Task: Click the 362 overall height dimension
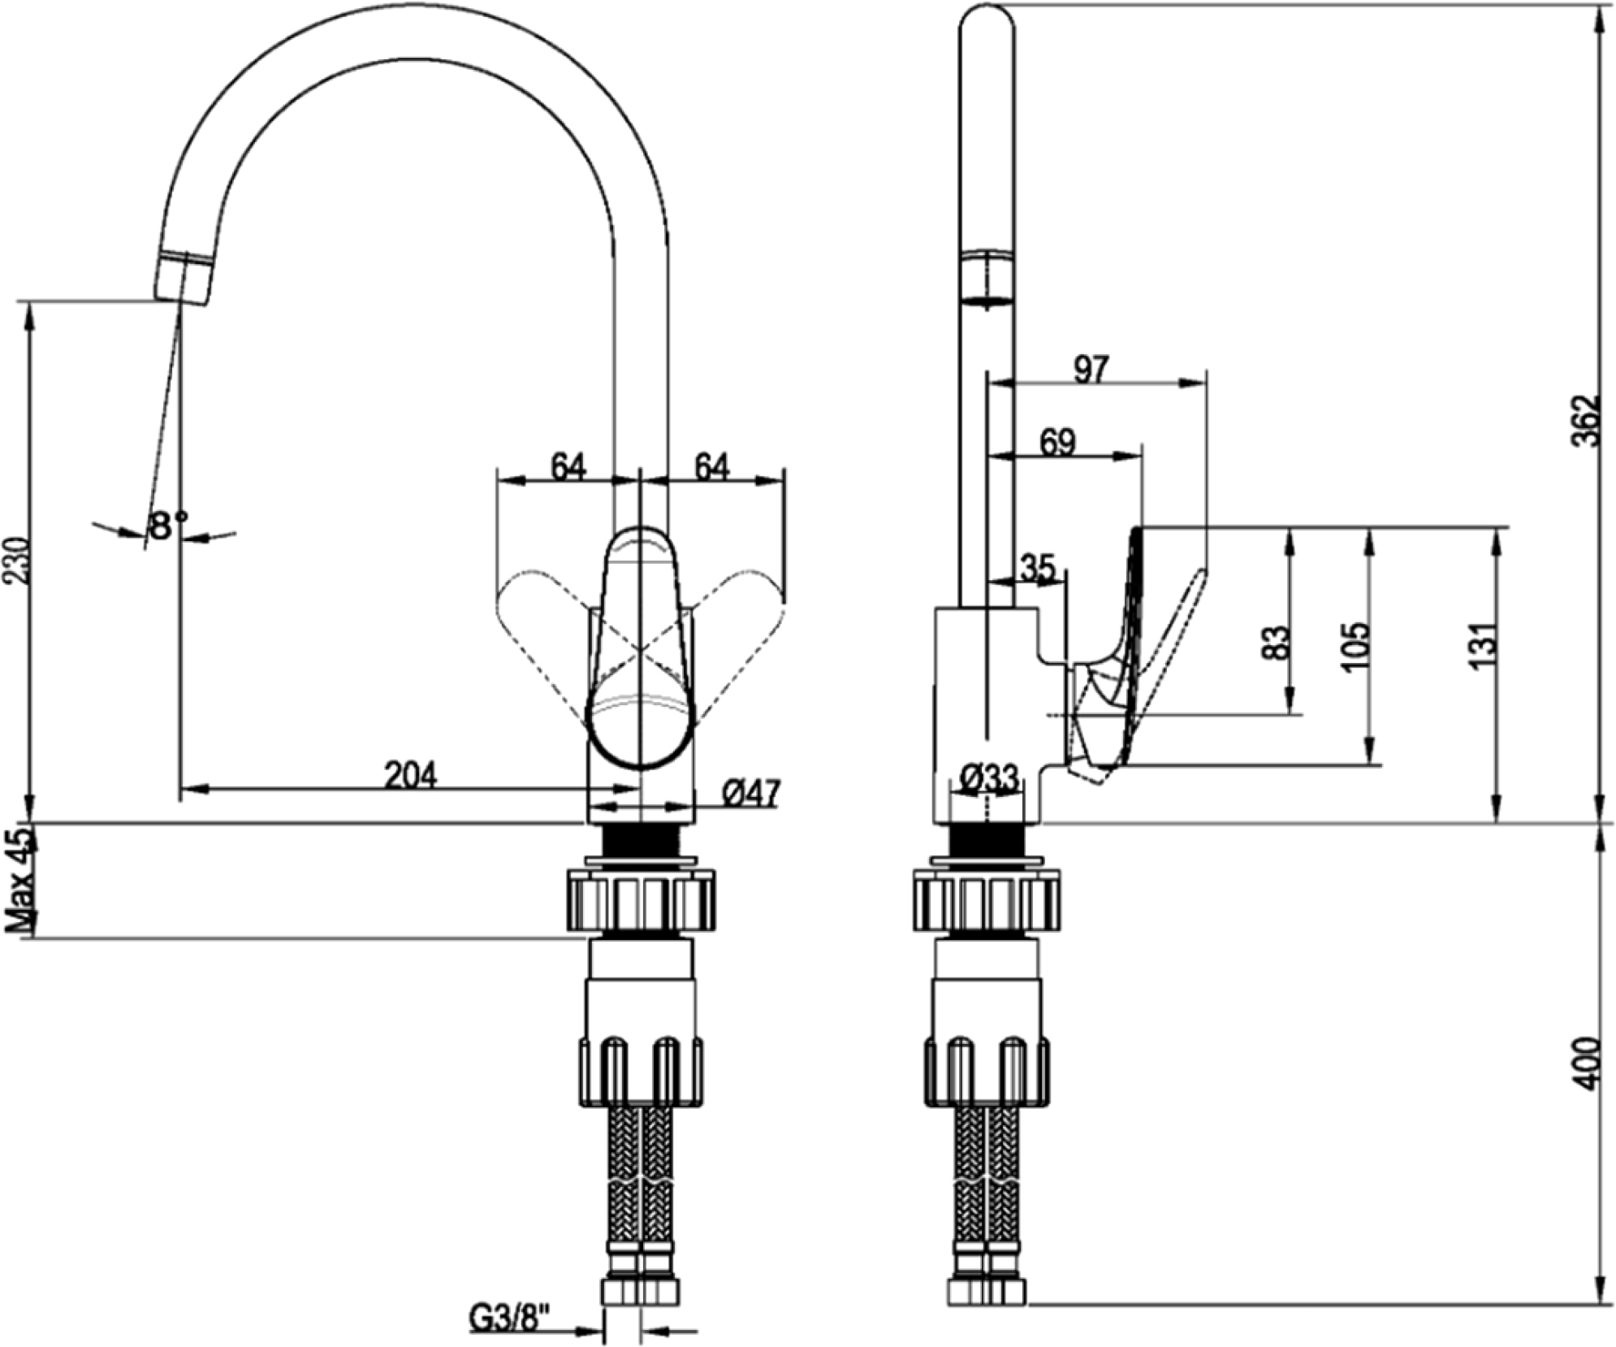click(1584, 420)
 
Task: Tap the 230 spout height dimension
click(17, 560)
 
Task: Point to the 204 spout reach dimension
click(410, 775)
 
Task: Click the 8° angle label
click(167, 526)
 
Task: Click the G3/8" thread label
click(510, 1317)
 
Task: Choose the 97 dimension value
click(1090, 370)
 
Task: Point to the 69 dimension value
click(1057, 443)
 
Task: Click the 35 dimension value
click(1037, 568)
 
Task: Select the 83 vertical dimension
click(1277, 642)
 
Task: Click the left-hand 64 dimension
click(568, 467)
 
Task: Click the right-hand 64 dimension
click(711, 467)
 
